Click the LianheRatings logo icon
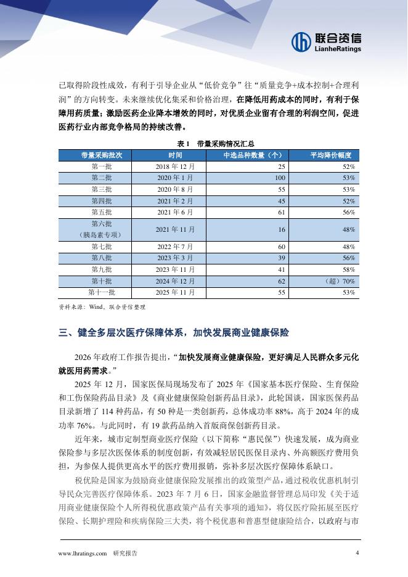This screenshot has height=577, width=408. (x=302, y=41)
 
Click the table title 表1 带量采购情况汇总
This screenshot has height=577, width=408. (x=204, y=143)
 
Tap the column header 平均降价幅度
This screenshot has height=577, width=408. (x=330, y=155)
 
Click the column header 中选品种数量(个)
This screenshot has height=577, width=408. (x=252, y=155)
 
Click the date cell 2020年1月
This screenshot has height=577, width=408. (x=175, y=178)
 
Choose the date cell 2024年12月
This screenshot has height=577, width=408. (x=175, y=281)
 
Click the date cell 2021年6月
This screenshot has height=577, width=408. (x=175, y=212)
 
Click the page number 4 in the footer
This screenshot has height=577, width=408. (x=357, y=552)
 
